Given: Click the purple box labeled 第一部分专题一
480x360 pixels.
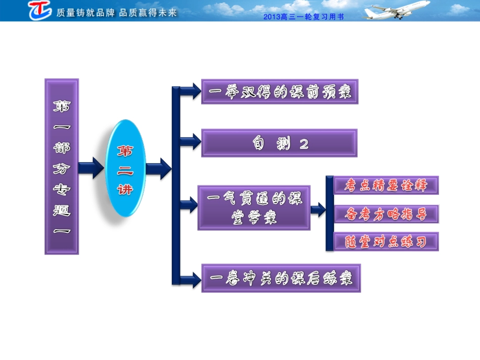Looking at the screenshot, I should point(62,166).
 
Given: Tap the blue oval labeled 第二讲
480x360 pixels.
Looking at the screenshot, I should point(125,169).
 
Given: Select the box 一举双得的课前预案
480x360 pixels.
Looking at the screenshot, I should point(279,92).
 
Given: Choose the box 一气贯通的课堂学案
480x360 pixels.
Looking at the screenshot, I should point(254,208).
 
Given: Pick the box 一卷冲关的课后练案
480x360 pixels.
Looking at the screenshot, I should point(281,278).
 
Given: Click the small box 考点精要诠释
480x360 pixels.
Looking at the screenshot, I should point(387,185).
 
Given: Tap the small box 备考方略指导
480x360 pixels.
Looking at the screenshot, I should point(387,214).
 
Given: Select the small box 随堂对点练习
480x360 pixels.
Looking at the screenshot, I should point(387,242).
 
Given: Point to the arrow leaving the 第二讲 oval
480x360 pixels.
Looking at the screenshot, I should point(159,168).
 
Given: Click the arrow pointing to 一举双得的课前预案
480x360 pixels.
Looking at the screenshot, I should point(189,92).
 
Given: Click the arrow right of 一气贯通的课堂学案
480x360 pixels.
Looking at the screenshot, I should point(318,210).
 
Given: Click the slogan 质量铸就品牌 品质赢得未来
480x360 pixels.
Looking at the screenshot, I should point(117,13).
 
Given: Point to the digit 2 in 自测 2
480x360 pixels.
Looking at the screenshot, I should point(304,144).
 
